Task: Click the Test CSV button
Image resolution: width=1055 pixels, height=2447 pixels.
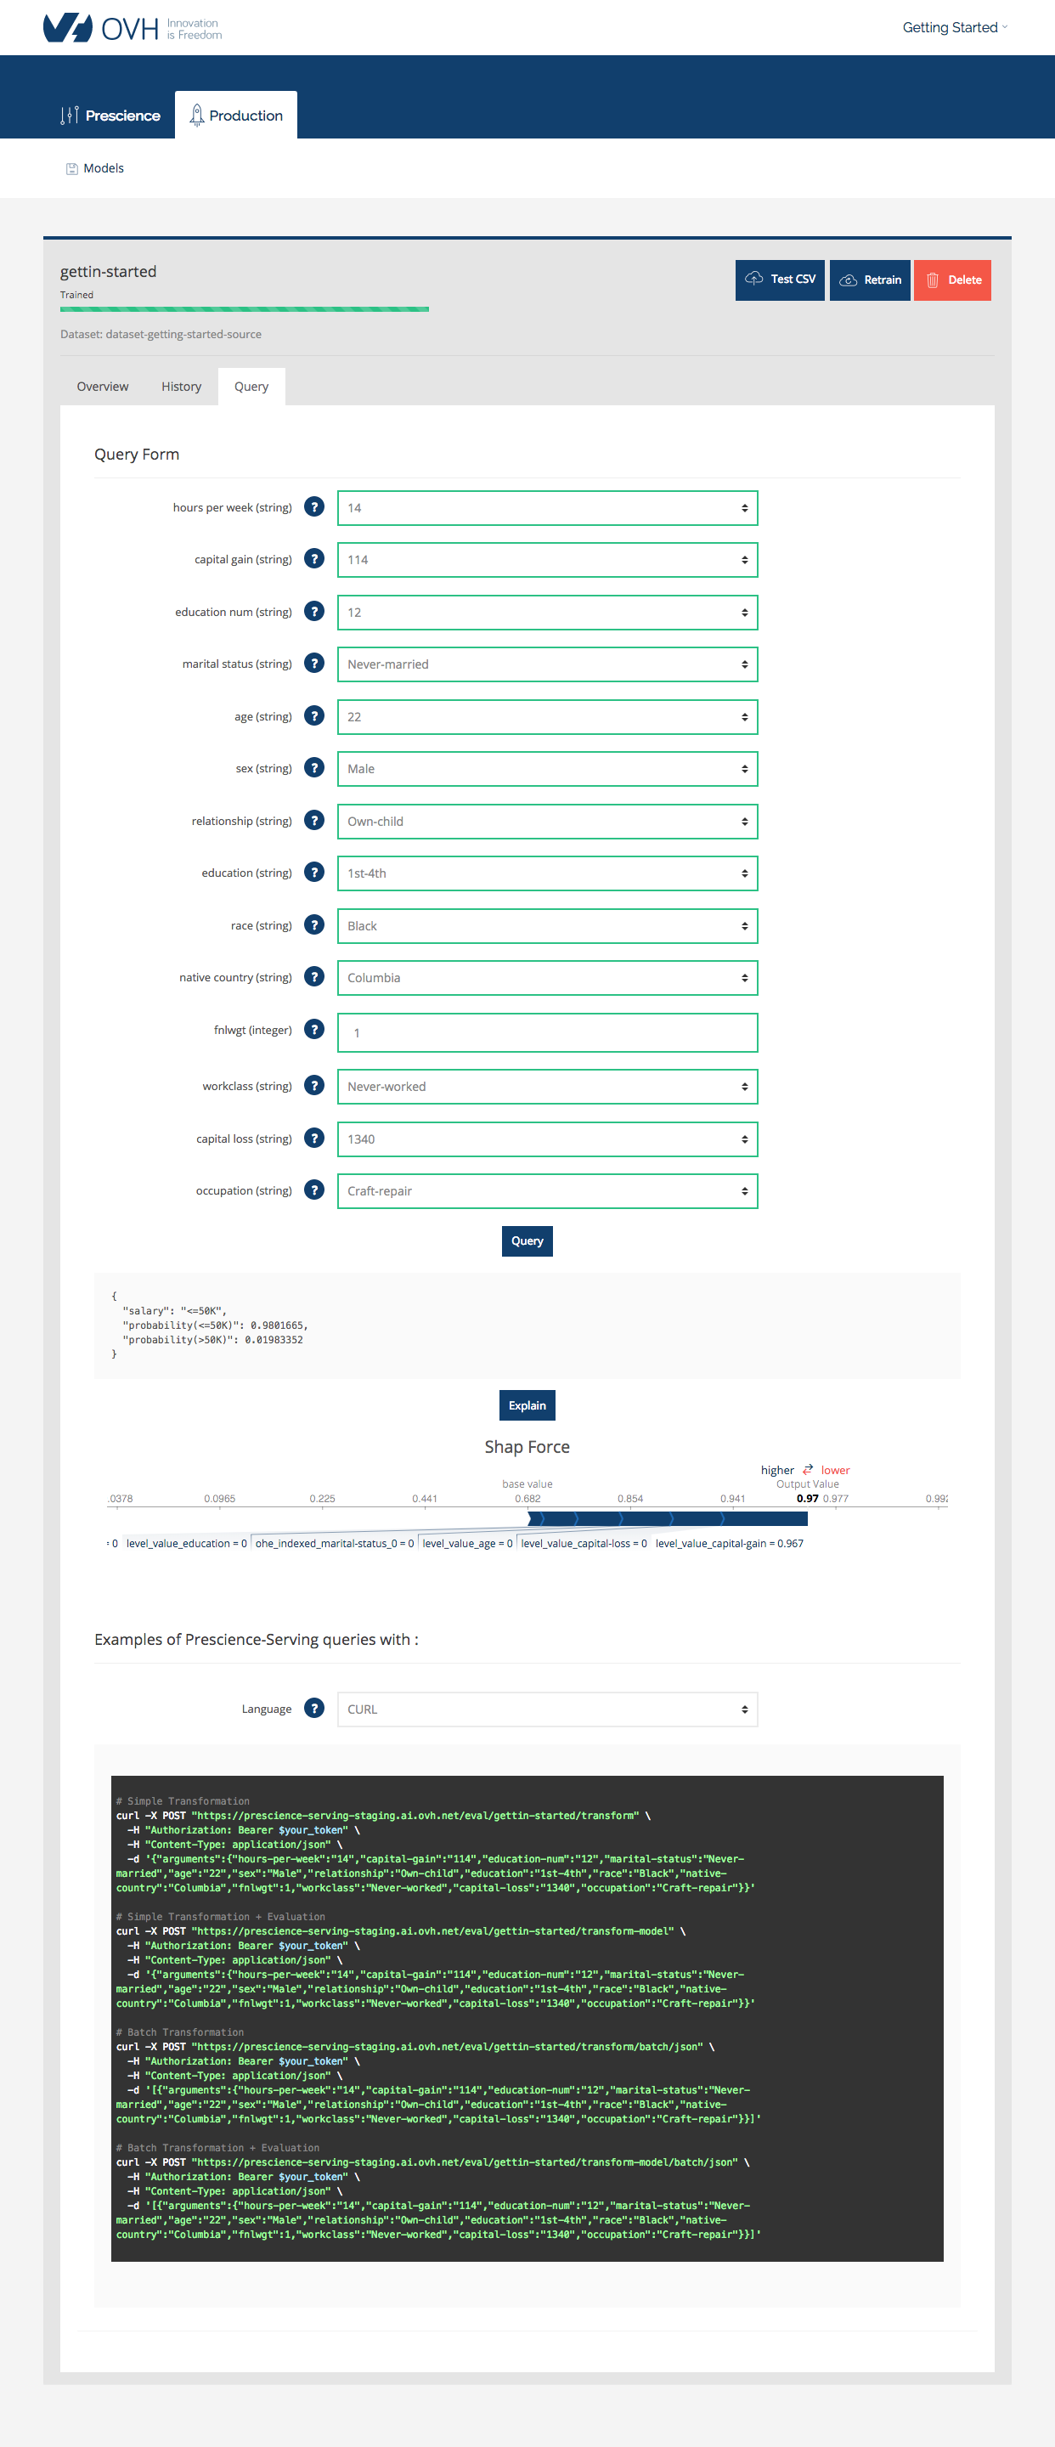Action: pyautogui.click(x=780, y=280)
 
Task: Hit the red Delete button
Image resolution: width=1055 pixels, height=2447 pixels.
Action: pyautogui.click(x=951, y=280)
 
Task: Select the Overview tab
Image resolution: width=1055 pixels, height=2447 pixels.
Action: pyautogui.click(x=103, y=387)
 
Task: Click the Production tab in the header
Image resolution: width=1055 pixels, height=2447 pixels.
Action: pyautogui.click(x=235, y=116)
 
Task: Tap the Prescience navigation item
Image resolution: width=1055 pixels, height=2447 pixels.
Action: pyautogui.click(x=110, y=116)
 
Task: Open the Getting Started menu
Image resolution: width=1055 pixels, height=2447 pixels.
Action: pyautogui.click(x=953, y=27)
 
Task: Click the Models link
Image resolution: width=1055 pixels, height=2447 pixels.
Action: pyautogui.click(x=103, y=168)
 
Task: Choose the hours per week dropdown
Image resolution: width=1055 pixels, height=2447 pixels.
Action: pyautogui.click(x=547, y=508)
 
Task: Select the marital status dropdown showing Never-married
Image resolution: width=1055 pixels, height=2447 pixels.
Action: pyautogui.click(x=547, y=664)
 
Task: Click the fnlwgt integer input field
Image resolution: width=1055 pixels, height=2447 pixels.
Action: pyautogui.click(x=547, y=1032)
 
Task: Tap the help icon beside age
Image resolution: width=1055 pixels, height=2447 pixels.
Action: pyautogui.click(x=314, y=715)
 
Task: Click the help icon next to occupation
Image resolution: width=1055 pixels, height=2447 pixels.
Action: pyautogui.click(x=314, y=1190)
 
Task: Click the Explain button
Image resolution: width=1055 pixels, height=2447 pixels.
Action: pyautogui.click(x=527, y=1405)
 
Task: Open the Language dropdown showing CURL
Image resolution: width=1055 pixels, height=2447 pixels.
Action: pyautogui.click(x=547, y=1709)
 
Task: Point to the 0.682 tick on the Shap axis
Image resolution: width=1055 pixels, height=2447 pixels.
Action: pyautogui.click(x=528, y=1499)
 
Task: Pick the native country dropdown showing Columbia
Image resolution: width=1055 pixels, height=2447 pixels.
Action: pyautogui.click(x=547, y=977)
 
